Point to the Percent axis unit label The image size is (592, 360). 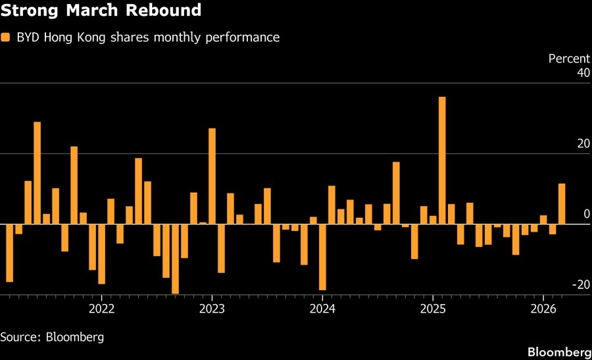pos(570,59)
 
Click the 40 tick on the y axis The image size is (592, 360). pos(583,72)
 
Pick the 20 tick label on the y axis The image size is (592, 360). pos(583,143)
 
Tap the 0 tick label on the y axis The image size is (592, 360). pos(586,214)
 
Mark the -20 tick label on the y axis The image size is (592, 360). pos(580,284)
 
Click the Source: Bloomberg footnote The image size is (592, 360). pos(52,337)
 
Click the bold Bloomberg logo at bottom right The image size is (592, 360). pos(559,351)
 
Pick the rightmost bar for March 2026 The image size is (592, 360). pos(562,204)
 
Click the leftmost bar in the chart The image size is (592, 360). pos(9,253)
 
